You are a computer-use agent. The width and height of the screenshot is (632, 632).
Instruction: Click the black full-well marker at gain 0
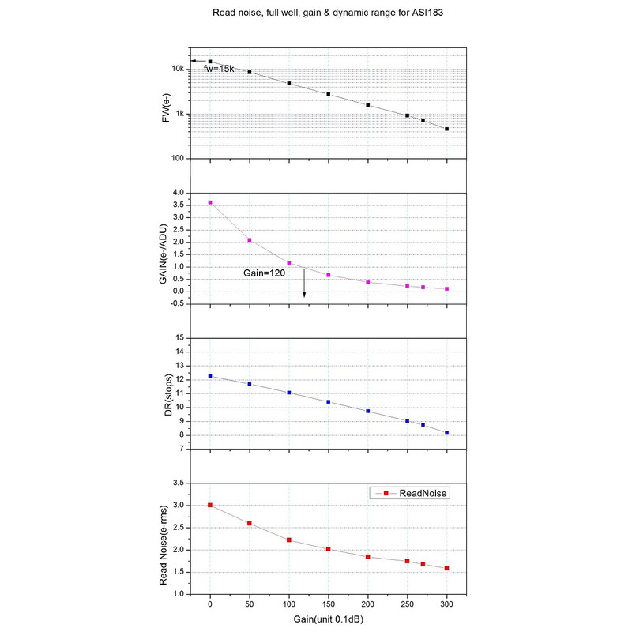pos(210,61)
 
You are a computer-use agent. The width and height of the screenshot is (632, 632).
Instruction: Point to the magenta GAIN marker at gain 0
pos(210,202)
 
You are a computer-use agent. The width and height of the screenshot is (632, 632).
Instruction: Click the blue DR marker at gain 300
pos(447,433)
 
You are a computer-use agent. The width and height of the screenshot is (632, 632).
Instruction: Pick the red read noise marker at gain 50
pos(250,523)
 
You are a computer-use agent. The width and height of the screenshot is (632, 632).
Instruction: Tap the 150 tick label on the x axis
pos(329,604)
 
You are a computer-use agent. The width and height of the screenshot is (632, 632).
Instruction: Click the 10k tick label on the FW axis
pos(178,70)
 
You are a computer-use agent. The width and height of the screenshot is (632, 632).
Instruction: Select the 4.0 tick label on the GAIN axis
pos(178,193)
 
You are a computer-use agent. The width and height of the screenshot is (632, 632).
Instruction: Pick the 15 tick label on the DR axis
pos(179,338)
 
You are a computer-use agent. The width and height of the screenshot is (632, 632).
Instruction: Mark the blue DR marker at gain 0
pos(210,376)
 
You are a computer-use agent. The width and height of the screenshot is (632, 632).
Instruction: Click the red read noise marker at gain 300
pos(447,568)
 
